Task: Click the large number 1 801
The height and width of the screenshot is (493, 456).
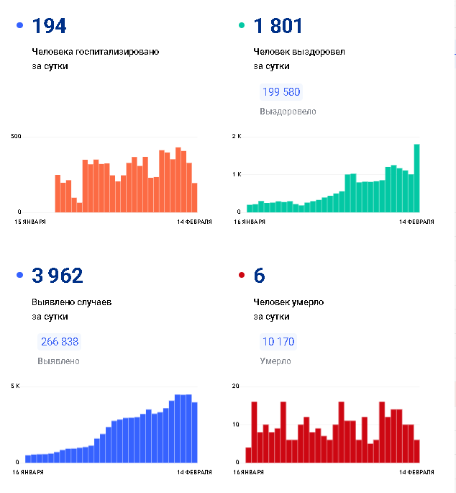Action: [278, 27]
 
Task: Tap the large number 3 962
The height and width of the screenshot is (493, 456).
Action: [58, 276]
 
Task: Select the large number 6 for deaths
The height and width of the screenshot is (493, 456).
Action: [260, 276]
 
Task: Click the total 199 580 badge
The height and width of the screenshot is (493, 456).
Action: [281, 92]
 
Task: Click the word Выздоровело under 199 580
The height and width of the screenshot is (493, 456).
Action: [288, 112]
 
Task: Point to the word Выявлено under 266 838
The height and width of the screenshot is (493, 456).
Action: [58, 361]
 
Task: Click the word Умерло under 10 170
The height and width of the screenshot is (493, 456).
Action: [275, 361]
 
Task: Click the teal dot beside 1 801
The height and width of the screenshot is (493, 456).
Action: [241, 26]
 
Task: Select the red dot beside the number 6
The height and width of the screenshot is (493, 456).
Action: [241, 276]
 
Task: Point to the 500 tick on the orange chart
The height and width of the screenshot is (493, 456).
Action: [15, 136]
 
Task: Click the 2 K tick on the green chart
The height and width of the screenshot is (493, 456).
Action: [237, 136]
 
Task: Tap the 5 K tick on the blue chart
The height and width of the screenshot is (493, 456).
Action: [15, 386]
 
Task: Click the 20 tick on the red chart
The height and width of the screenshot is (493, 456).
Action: [235, 386]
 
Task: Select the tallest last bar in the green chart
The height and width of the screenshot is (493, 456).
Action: [416, 178]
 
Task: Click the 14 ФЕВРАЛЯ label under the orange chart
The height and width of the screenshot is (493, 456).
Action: [194, 222]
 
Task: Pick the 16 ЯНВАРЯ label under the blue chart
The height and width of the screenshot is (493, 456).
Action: [29, 472]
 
